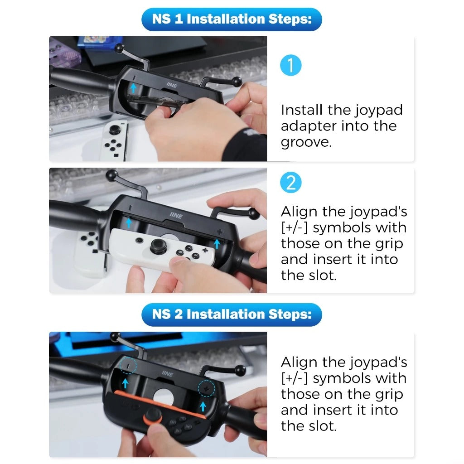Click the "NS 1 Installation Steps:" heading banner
tap(232, 19)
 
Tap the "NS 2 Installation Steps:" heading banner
tap(232, 314)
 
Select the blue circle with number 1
tap(290, 65)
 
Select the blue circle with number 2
tap(290, 182)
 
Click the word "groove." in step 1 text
tap(306, 142)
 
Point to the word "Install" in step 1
tap(301, 110)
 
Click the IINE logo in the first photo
tap(172, 85)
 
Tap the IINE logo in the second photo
tap(176, 215)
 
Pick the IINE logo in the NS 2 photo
tap(168, 374)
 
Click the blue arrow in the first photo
tap(134, 87)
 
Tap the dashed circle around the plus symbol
tap(207, 388)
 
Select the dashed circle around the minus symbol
tap(128, 366)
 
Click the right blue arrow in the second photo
tap(217, 244)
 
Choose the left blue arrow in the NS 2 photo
tap(125, 383)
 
